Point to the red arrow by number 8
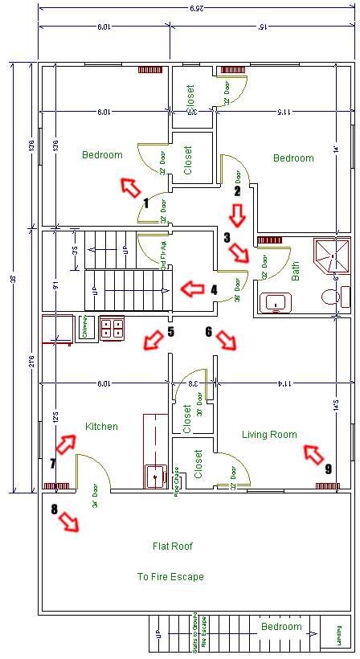[71, 522]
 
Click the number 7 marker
[53, 463]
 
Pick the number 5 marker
[170, 331]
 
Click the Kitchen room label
[101, 427]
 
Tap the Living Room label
[269, 435]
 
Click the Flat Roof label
[173, 546]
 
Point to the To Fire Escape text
[170, 577]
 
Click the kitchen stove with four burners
[111, 327]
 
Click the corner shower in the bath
[333, 252]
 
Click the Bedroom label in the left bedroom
[102, 155]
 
